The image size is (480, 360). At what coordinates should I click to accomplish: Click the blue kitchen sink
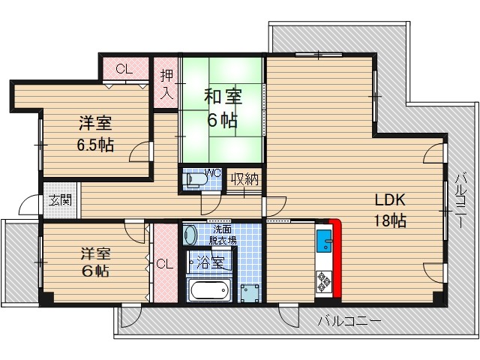pyautogui.click(x=325, y=241)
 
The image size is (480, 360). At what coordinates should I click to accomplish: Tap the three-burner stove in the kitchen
pyautogui.click(x=325, y=280)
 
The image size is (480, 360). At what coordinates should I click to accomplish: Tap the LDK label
pyautogui.click(x=390, y=200)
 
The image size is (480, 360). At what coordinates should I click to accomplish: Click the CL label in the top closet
pyautogui.click(x=124, y=70)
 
